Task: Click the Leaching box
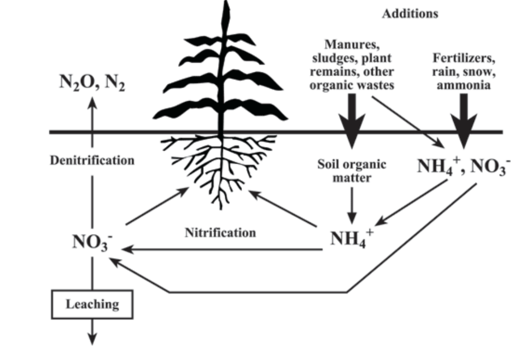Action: click(92, 304)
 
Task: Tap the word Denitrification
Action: click(92, 161)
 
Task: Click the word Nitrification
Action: click(220, 232)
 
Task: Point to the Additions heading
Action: click(409, 14)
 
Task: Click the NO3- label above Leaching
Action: click(91, 242)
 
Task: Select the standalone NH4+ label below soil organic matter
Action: click(351, 238)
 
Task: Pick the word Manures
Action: click(351, 44)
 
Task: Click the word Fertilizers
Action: click(464, 58)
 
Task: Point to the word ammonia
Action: click(464, 86)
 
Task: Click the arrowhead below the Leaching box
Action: click(92, 339)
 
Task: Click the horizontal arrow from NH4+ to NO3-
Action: click(220, 250)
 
